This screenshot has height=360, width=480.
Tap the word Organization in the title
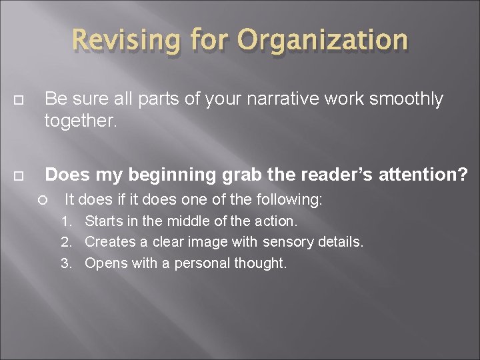(323, 40)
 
